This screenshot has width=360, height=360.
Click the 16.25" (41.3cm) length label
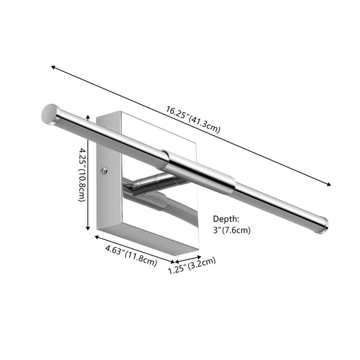click(x=193, y=119)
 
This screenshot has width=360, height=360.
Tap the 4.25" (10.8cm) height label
click(x=82, y=175)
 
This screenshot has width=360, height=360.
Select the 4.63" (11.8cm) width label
click(x=131, y=256)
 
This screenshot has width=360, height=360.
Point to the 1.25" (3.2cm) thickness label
click(x=192, y=265)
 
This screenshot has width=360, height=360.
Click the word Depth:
click(x=226, y=219)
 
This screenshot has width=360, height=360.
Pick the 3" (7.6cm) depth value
click(x=232, y=230)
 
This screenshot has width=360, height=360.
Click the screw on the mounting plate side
click(x=104, y=170)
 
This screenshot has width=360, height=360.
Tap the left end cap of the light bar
click(x=49, y=114)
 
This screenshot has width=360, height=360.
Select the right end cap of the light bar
click(x=323, y=225)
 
